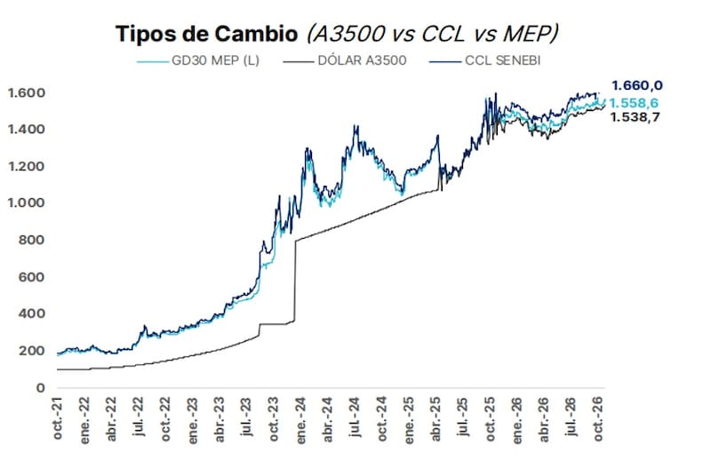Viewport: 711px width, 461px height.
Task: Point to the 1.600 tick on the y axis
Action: coord(27,93)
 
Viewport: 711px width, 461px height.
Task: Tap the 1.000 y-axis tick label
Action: coord(27,203)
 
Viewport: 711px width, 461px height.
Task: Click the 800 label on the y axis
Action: coord(32,240)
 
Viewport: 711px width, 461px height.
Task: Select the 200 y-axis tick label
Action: coord(32,350)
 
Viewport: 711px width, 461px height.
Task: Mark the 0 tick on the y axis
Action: coord(41,387)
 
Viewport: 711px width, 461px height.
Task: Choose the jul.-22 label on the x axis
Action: coord(139,416)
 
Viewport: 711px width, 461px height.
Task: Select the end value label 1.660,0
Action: coord(636,85)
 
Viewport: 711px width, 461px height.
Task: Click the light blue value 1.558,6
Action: coord(634,103)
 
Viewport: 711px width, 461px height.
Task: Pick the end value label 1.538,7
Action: coord(635,117)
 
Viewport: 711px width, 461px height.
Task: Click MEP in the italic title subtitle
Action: coord(527,34)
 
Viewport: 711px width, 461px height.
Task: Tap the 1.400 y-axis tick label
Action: coord(27,130)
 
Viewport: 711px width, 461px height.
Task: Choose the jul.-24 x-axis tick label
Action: coord(355,416)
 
